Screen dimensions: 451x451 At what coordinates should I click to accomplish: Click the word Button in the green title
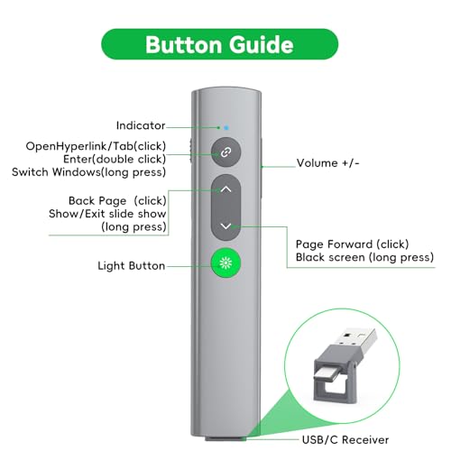click(x=183, y=44)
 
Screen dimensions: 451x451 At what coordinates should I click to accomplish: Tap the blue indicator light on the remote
click(x=226, y=128)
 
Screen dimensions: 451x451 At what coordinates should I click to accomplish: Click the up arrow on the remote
click(x=226, y=189)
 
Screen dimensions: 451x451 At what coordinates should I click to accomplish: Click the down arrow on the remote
click(x=226, y=225)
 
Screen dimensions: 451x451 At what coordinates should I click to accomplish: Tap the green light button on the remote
click(x=225, y=263)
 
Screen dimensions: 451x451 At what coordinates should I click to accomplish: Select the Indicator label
click(x=141, y=125)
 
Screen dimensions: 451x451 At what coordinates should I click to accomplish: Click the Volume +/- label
click(x=327, y=163)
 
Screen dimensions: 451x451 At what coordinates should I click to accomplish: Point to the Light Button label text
click(x=132, y=266)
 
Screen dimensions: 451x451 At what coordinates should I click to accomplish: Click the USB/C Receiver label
click(x=345, y=440)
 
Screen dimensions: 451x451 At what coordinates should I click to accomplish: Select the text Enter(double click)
click(x=115, y=159)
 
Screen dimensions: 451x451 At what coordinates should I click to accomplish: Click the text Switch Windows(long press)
click(x=89, y=172)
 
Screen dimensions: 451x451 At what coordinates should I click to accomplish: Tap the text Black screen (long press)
click(x=364, y=257)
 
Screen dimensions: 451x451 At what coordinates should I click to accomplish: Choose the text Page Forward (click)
click(x=353, y=244)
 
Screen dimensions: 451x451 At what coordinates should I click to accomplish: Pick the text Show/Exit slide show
click(x=107, y=214)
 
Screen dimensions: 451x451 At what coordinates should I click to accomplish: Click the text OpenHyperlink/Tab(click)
click(x=96, y=146)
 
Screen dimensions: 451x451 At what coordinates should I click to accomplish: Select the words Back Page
click(x=97, y=200)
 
